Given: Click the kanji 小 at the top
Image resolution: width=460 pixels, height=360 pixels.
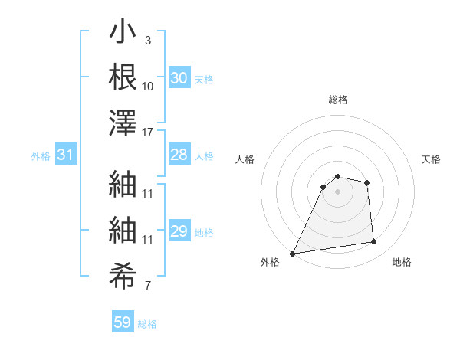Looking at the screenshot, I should pos(123,34).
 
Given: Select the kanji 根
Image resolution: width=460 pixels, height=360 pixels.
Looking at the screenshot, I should pos(123,77).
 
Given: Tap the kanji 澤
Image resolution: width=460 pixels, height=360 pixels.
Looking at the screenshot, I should pos(123,123).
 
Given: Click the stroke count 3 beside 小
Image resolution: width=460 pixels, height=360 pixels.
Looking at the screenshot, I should pos(147,39).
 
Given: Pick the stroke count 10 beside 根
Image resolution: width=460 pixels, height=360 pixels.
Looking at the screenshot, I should pos(148,85).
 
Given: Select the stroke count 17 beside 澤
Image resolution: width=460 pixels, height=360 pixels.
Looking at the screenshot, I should pos(148,132).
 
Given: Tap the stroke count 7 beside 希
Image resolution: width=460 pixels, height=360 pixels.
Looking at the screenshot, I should pos(147,286).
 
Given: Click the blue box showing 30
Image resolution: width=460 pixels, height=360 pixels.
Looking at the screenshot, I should pos(179,78).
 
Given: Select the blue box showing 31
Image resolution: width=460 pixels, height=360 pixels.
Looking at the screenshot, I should pos(65,155).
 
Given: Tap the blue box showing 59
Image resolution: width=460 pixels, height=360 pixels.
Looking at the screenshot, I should pos(122,322).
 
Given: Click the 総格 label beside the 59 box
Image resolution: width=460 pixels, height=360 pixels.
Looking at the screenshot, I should pos(148,324).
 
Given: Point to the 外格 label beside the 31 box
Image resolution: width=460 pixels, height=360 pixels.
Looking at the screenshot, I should pos(41,156).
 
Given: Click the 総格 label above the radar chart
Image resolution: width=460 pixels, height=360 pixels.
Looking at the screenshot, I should pos(338,100).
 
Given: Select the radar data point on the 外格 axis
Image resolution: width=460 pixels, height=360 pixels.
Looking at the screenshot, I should pos(293,254).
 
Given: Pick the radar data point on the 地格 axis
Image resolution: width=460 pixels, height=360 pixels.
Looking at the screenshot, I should pos(374,242).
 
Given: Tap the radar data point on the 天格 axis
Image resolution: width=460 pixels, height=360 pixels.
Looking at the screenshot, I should pos(367,182).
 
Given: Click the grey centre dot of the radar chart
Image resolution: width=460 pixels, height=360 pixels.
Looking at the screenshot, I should pos(337,191).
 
